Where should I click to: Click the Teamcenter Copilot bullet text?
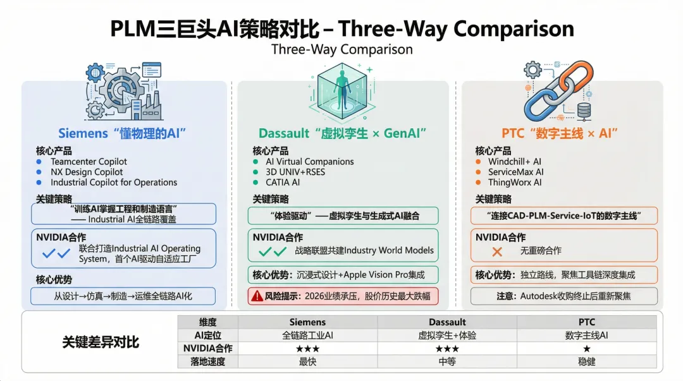click(x=89, y=162)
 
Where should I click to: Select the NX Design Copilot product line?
click(x=87, y=172)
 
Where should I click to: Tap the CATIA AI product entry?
click(x=283, y=183)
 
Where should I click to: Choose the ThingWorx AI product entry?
click(x=515, y=183)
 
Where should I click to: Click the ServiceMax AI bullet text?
click(x=515, y=172)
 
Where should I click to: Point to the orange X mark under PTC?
click(x=497, y=251)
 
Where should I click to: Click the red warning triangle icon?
click(x=257, y=295)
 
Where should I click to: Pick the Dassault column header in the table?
click(x=447, y=322)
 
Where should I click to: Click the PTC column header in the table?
click(x=586, y=322)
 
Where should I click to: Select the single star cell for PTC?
click(x=586, y=349)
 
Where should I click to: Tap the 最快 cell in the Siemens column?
click(x=307, y=362)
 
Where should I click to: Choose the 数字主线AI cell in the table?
click(x=586, y=336)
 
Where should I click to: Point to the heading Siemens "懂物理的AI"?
click(x=123, y=133)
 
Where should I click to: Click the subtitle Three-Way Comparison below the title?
click(x=341, y=49)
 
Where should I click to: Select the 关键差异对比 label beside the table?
click(x=101, y=342)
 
